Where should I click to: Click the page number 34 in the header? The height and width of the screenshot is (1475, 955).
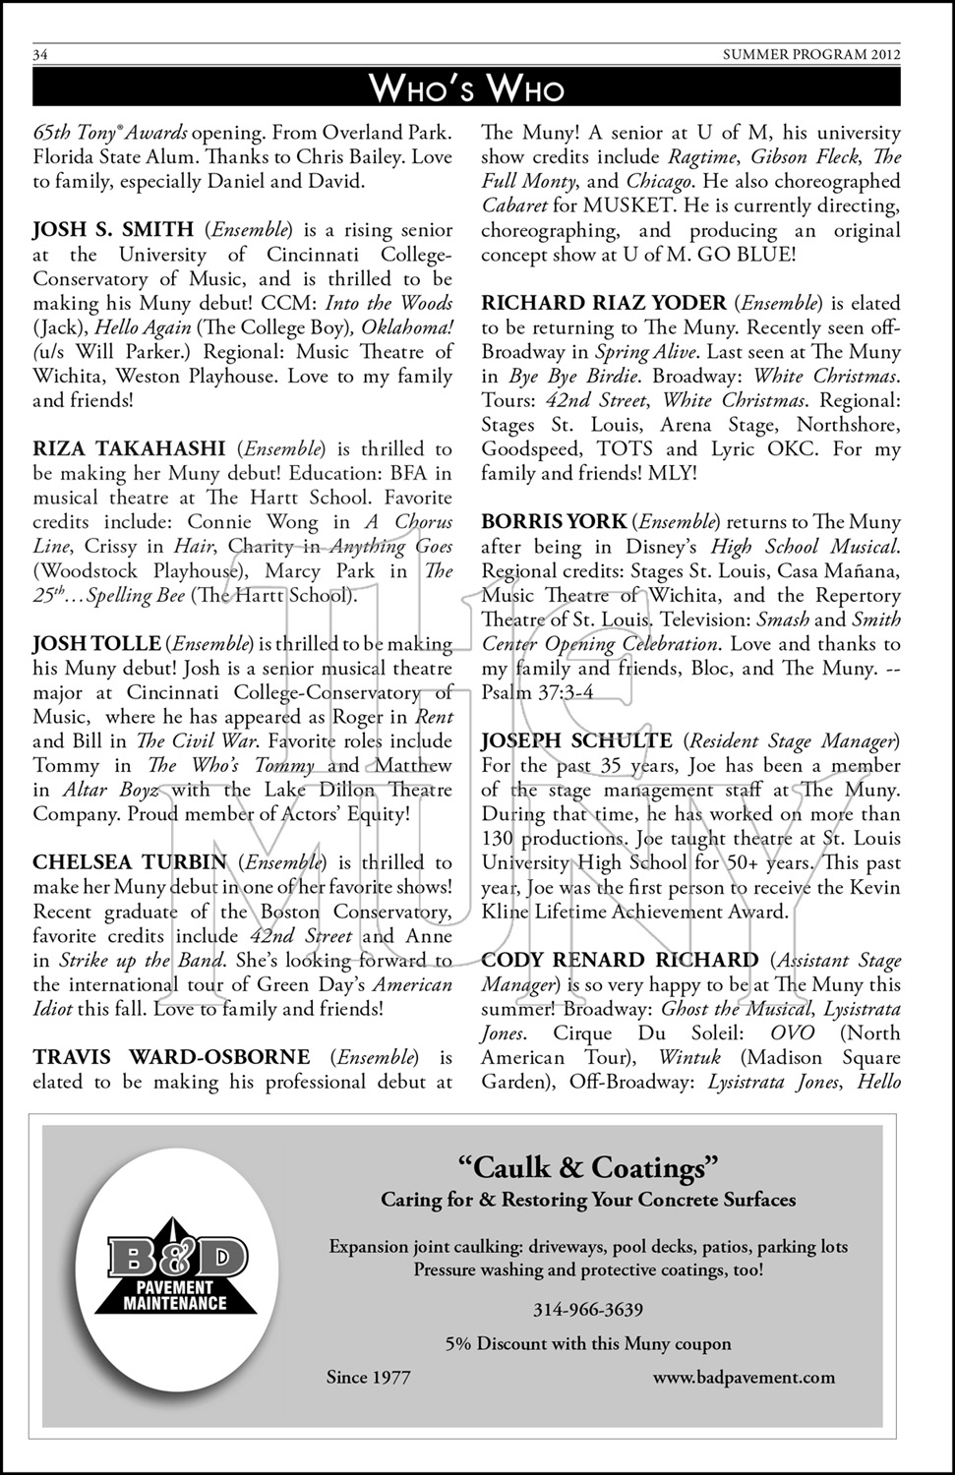coord(40,55)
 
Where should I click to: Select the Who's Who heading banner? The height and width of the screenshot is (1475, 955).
coord(466,89)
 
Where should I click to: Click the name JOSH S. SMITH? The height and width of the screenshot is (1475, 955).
coord(113,230)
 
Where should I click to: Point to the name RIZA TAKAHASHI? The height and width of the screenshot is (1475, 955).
coord(129,449)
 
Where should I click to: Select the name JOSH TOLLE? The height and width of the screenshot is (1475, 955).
coord(96,644)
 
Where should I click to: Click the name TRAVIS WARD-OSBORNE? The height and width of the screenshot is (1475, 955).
coord(171,1057)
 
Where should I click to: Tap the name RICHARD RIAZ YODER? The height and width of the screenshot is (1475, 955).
coord(604,303)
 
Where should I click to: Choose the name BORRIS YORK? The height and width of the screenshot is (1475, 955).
coord(554,522)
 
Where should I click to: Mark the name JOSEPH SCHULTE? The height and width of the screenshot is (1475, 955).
coord(576,740)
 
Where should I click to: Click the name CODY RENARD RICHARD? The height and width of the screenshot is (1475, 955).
coord(620,960)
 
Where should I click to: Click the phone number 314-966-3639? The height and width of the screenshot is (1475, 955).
coord(588,1310)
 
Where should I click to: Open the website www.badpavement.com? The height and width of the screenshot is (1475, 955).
coord(744,1378)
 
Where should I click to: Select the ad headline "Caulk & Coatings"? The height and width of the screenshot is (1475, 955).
coord(588,1167)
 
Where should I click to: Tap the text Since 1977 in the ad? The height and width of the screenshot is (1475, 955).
coord(368,1378)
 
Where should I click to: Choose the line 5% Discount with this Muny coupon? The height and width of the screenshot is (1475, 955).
coord(588,1343)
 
